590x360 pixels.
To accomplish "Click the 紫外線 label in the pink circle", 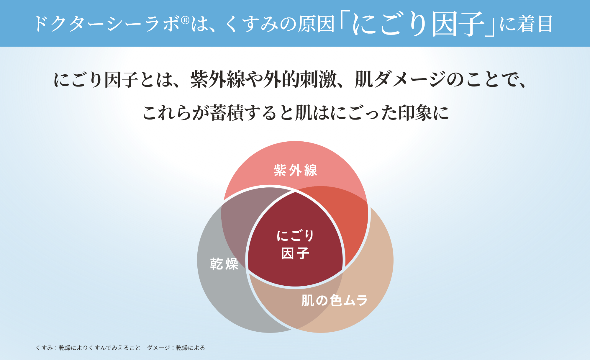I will click(295, 170).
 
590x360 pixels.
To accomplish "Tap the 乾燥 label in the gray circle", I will click(224, 264).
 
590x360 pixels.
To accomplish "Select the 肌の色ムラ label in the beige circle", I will click(335, 300).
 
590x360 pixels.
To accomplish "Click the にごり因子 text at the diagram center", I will click(295, 244).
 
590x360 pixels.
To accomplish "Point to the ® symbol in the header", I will click(185, 20).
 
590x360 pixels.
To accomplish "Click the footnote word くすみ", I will click(44, 348).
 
